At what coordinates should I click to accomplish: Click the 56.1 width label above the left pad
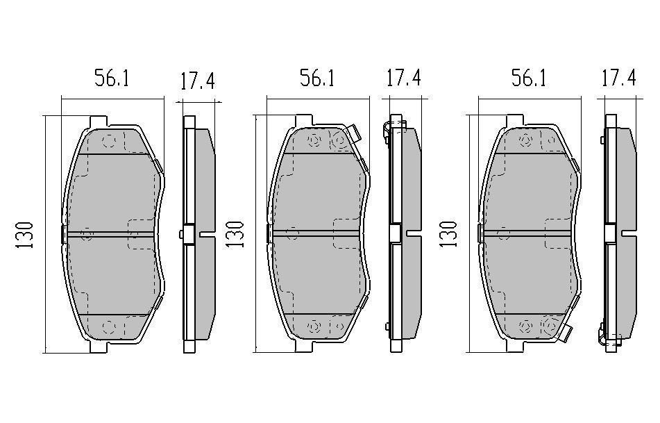[112, 78]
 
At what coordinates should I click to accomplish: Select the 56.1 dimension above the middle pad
[317, 78]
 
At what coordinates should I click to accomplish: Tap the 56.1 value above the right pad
[529, 78]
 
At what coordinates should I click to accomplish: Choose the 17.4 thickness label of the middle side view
[404, 78]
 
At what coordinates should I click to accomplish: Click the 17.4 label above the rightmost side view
[619, 78]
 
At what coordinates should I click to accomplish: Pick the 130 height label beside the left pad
[24, 235]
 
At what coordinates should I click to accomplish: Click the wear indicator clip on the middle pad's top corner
[354, 134]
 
